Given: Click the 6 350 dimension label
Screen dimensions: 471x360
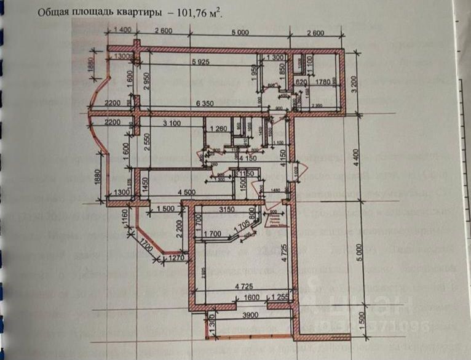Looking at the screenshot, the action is [x=209, y=103].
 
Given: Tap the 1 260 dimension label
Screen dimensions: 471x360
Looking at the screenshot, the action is [x=220, y=129].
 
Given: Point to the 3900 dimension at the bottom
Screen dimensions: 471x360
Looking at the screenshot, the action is [x=250, y=315].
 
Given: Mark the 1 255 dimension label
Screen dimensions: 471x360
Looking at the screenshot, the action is [x=281, y=297].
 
